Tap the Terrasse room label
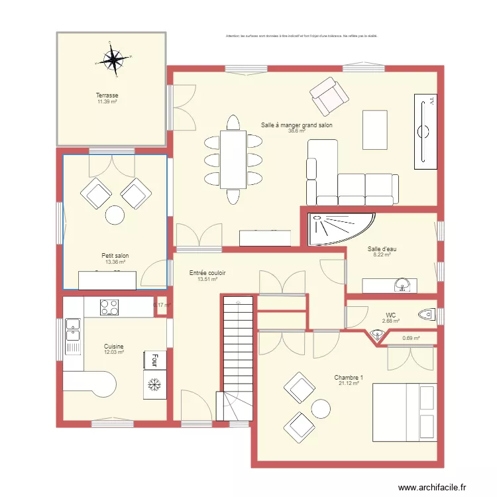pos(107,95)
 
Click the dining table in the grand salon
pos(233,159)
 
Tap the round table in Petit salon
pos(115,215)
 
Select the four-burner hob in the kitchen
pos(109,307)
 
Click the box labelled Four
pos(154,360)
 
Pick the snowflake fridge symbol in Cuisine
pos(154,384)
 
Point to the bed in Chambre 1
pos(404,413)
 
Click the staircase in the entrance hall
pos(237,358)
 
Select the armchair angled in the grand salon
pos(329,96)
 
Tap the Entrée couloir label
pos(207,273)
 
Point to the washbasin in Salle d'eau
pos(402,286)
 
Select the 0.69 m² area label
pos(411,339)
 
